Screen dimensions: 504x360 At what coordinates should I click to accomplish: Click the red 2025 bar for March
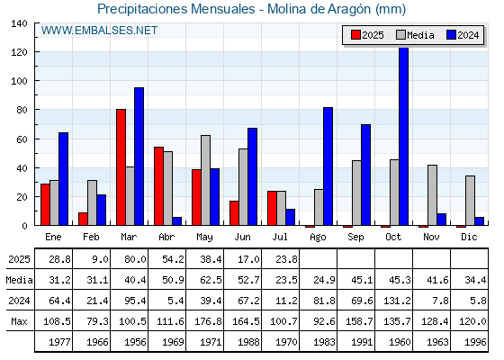click(x=121, y=167)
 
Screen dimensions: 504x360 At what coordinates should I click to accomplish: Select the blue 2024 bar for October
click(x=404, y=136)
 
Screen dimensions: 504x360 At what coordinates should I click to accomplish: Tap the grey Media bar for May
click(x=206, y=180)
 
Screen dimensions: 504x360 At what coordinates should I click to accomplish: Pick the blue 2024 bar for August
click(x=328, y=166)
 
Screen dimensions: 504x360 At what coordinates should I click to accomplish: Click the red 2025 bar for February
click(x=83, y=219)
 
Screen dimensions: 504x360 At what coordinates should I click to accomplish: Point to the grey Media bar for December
click(x=470, y=201)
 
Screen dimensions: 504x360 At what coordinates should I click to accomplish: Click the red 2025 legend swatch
click(x=355, y=35)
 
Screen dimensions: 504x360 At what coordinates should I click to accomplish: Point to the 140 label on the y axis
click(x=19, y=23)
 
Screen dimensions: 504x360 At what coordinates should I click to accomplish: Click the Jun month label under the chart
click(x=242, y=237)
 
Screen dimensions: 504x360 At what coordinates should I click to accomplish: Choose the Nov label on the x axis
click(x=431, y=237)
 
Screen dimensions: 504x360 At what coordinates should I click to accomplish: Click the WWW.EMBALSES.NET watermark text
click(x=99, y=31)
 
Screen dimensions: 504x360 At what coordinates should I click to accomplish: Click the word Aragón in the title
click(x=349, y=9)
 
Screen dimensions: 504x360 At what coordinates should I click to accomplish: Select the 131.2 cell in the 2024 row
click(x=397, y=301)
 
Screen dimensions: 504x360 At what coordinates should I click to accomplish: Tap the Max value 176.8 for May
click(x=208, y=321)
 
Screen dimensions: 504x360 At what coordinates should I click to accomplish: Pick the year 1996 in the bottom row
click(x=476, y=342)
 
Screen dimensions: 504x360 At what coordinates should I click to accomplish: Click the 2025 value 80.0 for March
click(x=135, y=259)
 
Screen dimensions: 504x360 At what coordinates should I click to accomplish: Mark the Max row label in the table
click(x=19, y=321)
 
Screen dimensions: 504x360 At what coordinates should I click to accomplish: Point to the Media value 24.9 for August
click(x=324, y=280)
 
